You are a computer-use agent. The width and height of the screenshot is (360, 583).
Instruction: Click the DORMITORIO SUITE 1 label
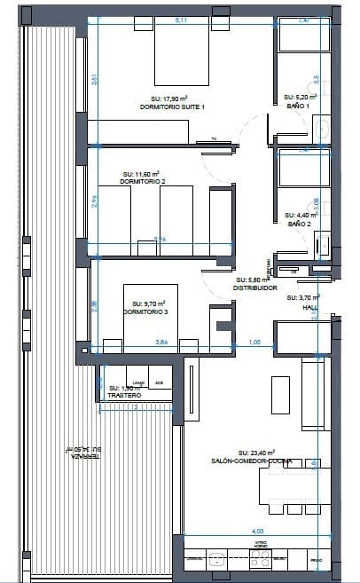tap(172, 106)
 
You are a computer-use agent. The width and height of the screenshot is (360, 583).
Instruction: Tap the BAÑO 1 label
tap(298, 106)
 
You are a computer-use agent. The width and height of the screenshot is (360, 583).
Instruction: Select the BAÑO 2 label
tap(298, 224)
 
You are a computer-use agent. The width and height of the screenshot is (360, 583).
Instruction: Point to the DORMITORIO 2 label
tap(143, 183)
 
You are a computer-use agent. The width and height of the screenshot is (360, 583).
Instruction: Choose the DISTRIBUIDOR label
tap(256, 288)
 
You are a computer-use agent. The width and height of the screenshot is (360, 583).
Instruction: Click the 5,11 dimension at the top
tap(181, 20)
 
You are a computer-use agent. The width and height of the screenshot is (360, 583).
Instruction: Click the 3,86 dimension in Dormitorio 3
tap(161, 341)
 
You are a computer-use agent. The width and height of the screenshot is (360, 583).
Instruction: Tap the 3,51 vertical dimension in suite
tap(94, 78)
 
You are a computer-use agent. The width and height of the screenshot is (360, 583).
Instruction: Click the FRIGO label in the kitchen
tap(317, 561)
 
